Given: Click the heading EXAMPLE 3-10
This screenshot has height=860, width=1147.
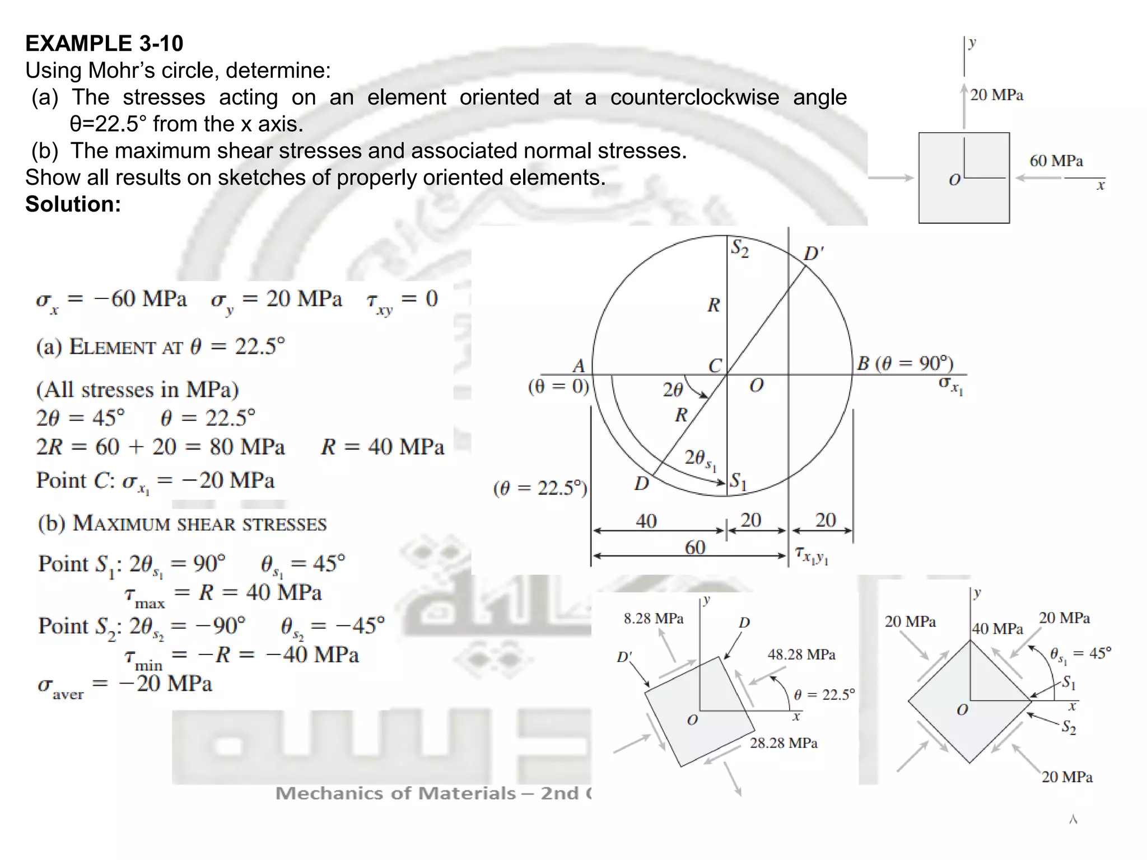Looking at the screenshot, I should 104,44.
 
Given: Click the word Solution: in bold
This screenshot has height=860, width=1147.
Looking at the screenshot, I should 73,204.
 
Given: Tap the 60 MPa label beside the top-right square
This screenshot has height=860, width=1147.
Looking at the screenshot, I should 1056,161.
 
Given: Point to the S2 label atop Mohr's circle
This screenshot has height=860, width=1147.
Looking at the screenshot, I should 739,248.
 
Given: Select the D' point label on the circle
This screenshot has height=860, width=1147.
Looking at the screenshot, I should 813,254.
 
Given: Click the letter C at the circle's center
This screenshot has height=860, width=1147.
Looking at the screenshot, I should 715,366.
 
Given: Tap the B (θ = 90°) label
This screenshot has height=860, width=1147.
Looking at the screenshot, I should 904,363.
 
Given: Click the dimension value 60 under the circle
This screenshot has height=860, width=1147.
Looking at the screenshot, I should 695,547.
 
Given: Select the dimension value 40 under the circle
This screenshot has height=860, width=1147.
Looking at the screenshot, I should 646,521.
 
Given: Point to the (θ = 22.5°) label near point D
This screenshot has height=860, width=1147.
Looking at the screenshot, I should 540,488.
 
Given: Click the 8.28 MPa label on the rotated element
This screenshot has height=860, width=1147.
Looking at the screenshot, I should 654,619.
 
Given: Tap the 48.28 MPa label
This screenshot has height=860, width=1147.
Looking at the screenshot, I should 801,655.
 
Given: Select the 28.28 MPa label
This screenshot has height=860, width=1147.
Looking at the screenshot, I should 784,743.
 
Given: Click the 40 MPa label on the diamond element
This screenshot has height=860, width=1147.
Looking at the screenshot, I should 997,629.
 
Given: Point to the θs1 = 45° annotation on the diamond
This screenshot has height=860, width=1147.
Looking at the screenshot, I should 1080,654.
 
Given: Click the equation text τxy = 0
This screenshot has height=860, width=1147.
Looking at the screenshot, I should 402,300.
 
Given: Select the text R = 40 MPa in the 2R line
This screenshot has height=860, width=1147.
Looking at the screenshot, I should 383,447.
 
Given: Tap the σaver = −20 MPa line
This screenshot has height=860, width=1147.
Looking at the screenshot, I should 124,685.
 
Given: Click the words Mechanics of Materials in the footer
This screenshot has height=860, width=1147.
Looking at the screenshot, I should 395,793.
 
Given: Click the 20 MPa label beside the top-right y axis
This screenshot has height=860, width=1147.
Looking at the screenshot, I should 996,95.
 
